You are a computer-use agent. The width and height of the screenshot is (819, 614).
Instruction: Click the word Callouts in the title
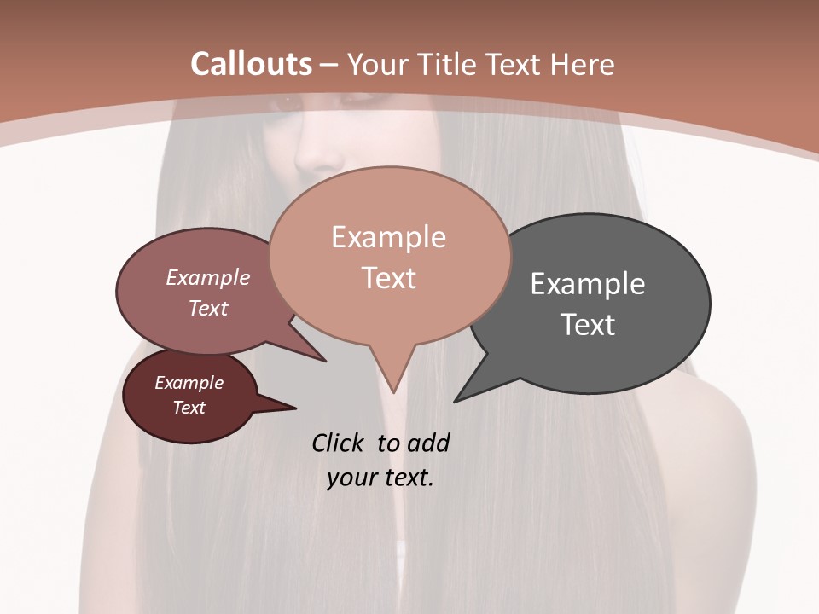click(251, 64)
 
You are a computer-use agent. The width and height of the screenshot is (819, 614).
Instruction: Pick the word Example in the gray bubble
click(587, 284)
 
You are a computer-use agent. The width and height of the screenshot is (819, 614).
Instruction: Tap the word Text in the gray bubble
click(588, 325)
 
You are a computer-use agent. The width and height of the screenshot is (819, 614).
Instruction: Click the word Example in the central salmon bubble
click(388, 237)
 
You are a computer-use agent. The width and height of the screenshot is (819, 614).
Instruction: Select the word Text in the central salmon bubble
click(389, 278)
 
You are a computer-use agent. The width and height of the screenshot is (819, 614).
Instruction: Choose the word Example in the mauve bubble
click(208, 278)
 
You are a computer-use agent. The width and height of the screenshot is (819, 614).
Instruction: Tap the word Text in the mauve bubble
click(208, 308)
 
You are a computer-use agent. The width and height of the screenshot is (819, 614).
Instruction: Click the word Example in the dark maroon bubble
click(189, 383)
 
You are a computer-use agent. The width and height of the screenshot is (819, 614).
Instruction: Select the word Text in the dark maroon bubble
click(189, 408)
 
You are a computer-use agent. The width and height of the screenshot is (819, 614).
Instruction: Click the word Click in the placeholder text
click(339, 443)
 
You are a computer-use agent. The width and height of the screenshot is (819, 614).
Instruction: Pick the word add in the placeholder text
click(428, 443)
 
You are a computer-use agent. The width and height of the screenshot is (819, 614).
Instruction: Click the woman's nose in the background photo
click(318, 153)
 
